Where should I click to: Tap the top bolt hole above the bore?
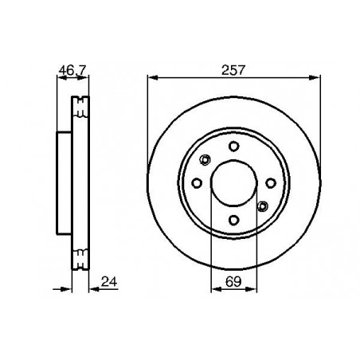click(x=233, y=146)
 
